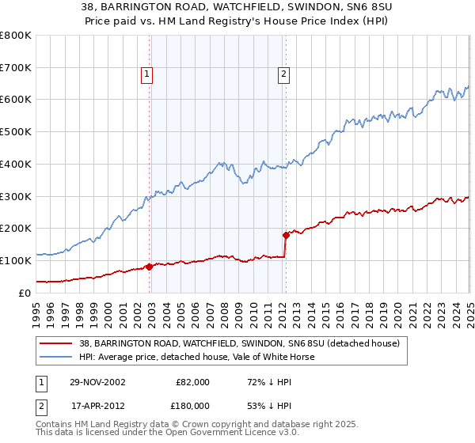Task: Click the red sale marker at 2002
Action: coord(150,267)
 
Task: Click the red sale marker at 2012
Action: coord(286,235)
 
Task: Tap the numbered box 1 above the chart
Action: coord(147,75)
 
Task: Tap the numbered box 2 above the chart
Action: coord(283,75)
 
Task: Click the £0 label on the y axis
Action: coord(26,293)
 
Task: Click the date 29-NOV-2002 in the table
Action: coord(97,382)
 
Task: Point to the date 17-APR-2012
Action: coord(97,406)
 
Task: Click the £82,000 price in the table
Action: coord(192,382)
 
